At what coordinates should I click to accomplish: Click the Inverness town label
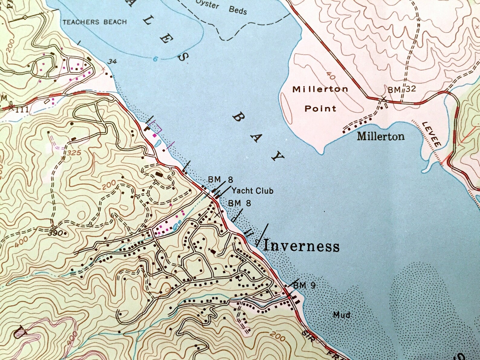(301, 246)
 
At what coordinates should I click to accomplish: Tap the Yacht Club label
(252, 191)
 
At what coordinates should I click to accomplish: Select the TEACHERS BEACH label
(95, 22)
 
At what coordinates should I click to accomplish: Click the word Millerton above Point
(320, 89)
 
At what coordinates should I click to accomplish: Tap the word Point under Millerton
(320, 108)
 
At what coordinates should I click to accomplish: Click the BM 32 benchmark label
(402, 89)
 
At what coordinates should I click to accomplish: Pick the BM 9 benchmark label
(304, 285)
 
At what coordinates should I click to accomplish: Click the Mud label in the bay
(342, 315)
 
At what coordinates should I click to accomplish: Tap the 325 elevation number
(74, 153)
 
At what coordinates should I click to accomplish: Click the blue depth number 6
(155, 59)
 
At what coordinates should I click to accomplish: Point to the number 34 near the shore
(112, 61)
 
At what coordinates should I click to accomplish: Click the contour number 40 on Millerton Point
(331, 76)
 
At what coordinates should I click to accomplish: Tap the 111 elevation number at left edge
(22, 109)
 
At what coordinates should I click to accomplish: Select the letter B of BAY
(239, 118)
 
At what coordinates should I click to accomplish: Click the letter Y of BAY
(278, 156)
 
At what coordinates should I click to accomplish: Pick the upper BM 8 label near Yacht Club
(220, 180)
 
